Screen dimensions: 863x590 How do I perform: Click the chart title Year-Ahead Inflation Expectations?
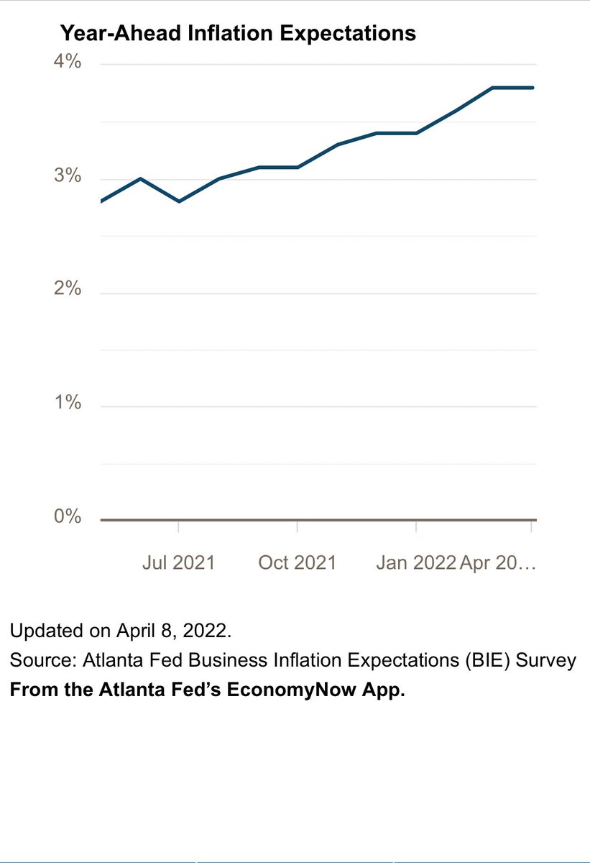(238, 33)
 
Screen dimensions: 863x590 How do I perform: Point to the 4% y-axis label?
(69, 63)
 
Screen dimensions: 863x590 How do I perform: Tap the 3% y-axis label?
(69, 177)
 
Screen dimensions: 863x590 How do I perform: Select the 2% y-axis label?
(69, 290)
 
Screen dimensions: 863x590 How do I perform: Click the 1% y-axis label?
(69, 403)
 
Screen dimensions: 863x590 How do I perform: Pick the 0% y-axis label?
(69, 517)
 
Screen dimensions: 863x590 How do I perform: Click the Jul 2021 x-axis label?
(178, 562)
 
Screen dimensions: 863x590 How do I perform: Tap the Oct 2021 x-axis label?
(297, 562)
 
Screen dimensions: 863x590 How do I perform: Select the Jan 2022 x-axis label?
(416, 562)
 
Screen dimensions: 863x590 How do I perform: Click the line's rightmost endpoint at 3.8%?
(533, 88)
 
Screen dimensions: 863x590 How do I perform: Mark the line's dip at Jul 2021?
(178, 201)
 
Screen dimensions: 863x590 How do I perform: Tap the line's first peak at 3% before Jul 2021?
(140, 178)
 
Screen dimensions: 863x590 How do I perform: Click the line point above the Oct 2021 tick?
(298, 167)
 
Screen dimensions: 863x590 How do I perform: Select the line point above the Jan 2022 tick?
(416, 133)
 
